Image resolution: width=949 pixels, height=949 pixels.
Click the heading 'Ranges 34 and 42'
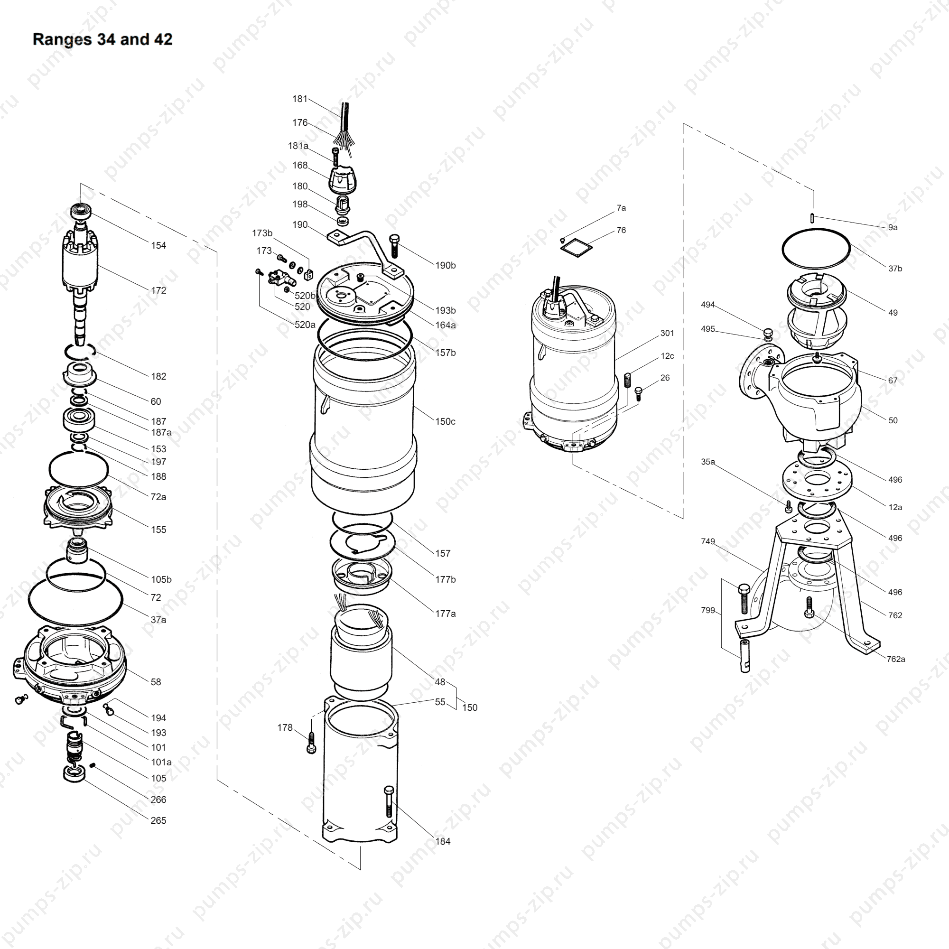click(x=102, y=39)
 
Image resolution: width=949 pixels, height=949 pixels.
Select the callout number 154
click(x=158, y=246)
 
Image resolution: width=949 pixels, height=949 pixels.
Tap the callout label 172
click(x=158, y=291)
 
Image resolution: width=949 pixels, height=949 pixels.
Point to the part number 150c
click(x=446, y=422)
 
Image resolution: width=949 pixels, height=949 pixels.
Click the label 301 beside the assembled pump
click(x=667, y=334)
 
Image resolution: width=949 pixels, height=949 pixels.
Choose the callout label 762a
click(x=896, y=659)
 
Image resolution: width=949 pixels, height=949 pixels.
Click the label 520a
click(x=305, y=325)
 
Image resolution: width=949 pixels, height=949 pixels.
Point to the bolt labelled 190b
click(x=394, y=247)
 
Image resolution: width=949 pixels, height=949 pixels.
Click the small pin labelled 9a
click(x=812, y=218)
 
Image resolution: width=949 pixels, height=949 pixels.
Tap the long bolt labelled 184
click(x=389, y=803)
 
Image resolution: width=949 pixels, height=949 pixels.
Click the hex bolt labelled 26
click(x=639, y=393)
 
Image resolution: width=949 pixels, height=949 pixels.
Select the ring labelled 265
click(x=74, y=773)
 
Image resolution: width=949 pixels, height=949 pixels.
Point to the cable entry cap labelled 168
click(x=343, y=180)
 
